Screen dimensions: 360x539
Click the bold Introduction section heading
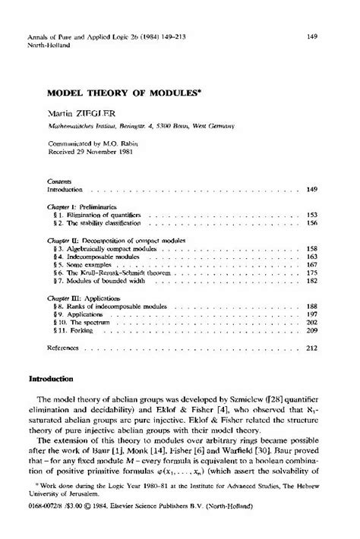tap(51, 378)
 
